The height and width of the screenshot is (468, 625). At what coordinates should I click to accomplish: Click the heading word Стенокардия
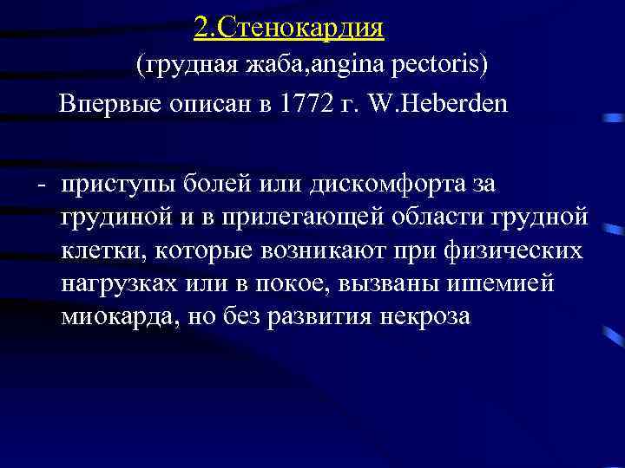coord(300,28)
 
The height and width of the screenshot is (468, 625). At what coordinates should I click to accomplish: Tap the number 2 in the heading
coord(201,28)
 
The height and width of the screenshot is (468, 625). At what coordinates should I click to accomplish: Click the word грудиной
coord(114,218)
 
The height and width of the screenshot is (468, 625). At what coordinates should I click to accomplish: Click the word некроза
coord(425,316)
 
